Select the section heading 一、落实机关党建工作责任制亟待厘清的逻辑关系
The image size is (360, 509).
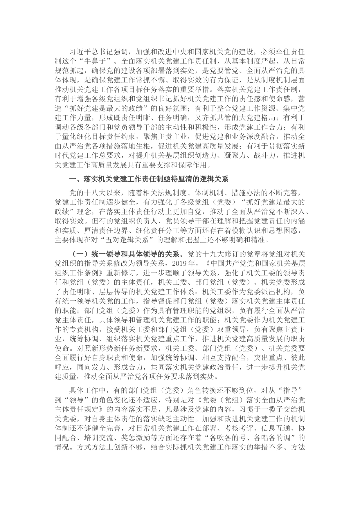pos(148,179)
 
